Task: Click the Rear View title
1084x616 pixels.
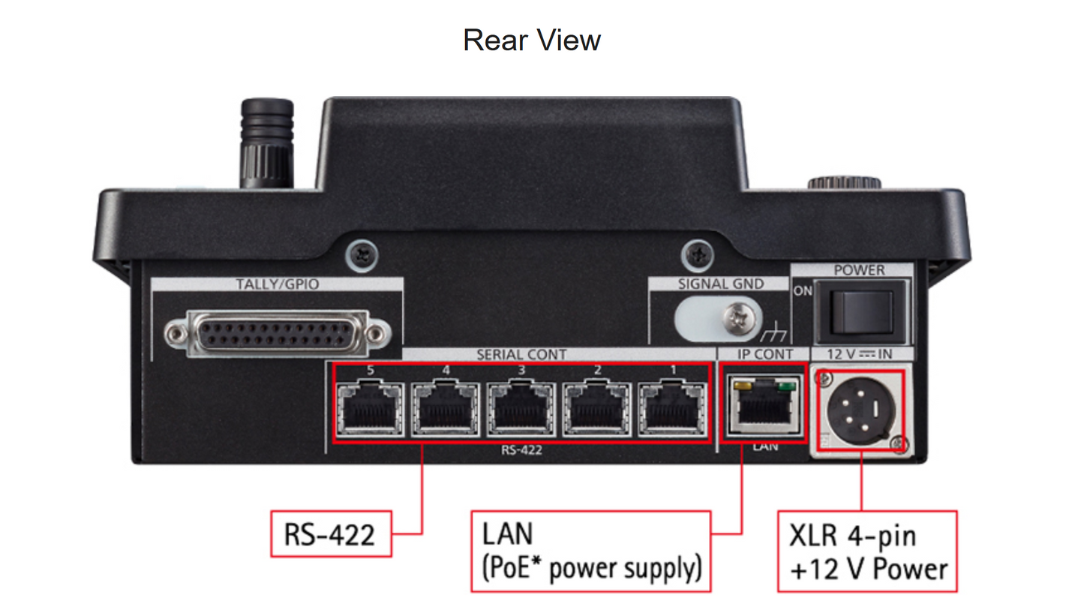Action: [x=531, y=40]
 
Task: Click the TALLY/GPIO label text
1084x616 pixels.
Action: [x=278, y=284]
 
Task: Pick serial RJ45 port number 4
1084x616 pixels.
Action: [x=446, y=410]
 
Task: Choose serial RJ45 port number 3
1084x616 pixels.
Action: [x=521, y=410]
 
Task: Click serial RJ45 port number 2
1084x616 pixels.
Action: [x=596, y=410]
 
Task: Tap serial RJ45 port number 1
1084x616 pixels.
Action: [x=671, y=410]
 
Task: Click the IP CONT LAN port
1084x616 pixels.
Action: [x=763, y=408]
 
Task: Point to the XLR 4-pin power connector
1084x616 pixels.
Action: [x=860, y=410]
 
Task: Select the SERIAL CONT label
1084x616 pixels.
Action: [x=522, y=353]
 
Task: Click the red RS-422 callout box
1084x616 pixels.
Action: [x=330, y=534]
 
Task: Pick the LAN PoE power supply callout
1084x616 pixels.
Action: [x=590, y=550]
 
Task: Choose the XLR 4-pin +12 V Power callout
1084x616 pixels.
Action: [x=866, y=551]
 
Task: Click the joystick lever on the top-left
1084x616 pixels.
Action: [x=266, y=143]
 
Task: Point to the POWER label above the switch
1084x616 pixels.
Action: [x=859, y=269]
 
